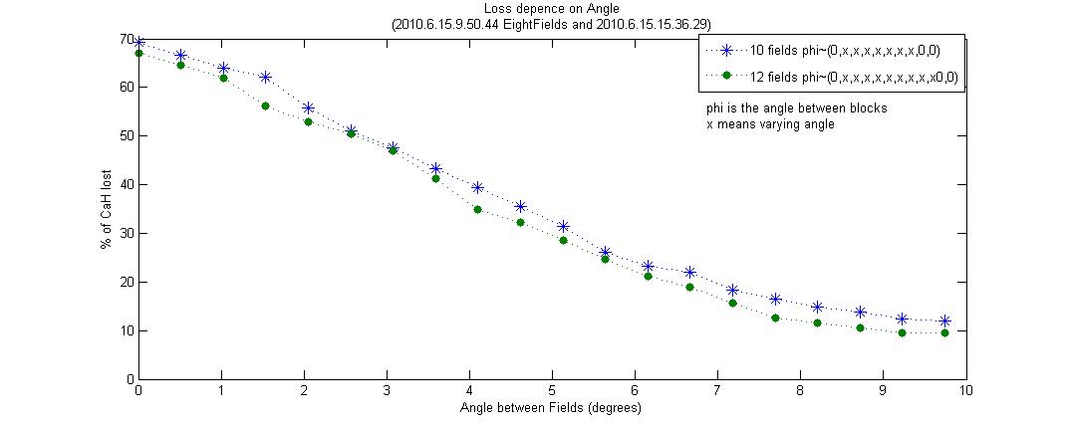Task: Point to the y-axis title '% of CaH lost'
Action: point(106,210)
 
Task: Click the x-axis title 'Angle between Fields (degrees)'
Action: point(550,408)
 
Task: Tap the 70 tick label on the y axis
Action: point(127,39)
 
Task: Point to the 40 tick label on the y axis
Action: point(127,184)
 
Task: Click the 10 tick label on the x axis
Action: point(964,392)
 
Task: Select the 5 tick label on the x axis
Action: point(551,392)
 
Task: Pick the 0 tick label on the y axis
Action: point(130,379)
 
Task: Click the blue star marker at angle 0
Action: point(138,42)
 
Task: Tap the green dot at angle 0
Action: point(138,53)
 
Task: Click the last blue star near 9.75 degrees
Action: point(944,320)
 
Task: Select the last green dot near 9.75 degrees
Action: point(944,332)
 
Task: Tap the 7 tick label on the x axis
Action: point(716,392)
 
